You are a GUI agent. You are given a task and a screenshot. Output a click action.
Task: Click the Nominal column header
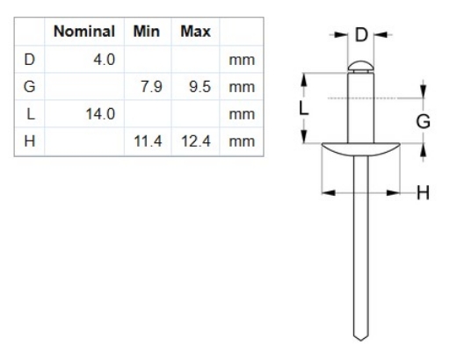tap(84, 32)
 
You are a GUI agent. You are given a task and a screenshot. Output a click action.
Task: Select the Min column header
tap(145, 32)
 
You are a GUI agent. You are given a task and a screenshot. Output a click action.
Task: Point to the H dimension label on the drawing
tap(422, 191)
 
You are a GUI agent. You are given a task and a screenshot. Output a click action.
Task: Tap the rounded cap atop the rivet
tap(359, 65)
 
